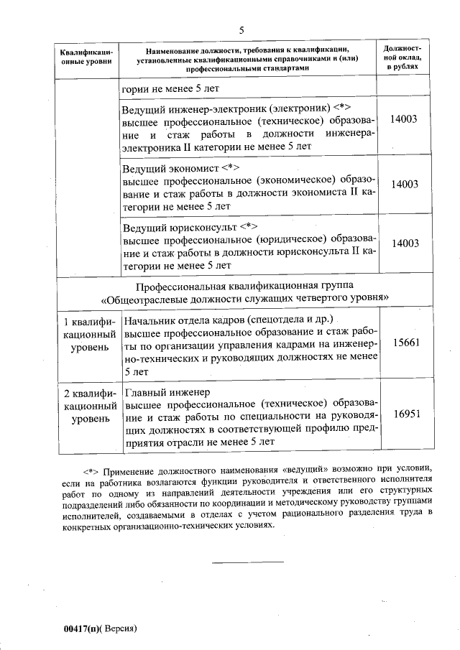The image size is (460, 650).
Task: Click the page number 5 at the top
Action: [x=241, y=29]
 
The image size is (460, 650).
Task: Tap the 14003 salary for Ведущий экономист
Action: [x=405, y=184]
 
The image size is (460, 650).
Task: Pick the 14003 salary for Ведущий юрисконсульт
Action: [x=405, y=243]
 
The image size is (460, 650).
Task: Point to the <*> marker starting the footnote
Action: [x=91, y=471]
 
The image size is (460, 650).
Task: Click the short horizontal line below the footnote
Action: [x=247, y=562]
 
